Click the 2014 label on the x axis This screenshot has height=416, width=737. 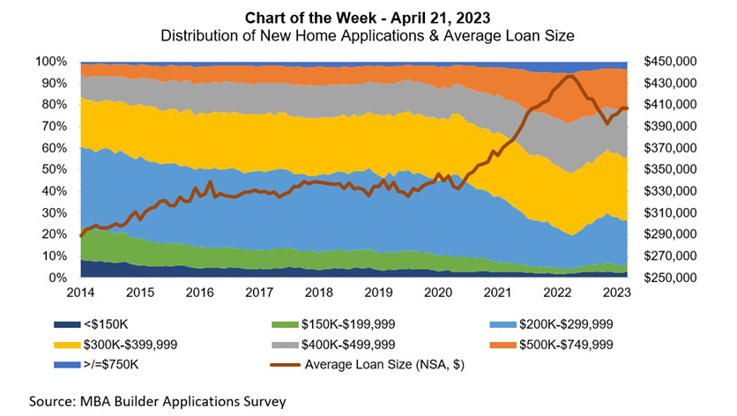[80, 292]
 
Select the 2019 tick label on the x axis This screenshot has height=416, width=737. [377, 292]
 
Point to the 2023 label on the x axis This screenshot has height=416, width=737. [615, 292]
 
